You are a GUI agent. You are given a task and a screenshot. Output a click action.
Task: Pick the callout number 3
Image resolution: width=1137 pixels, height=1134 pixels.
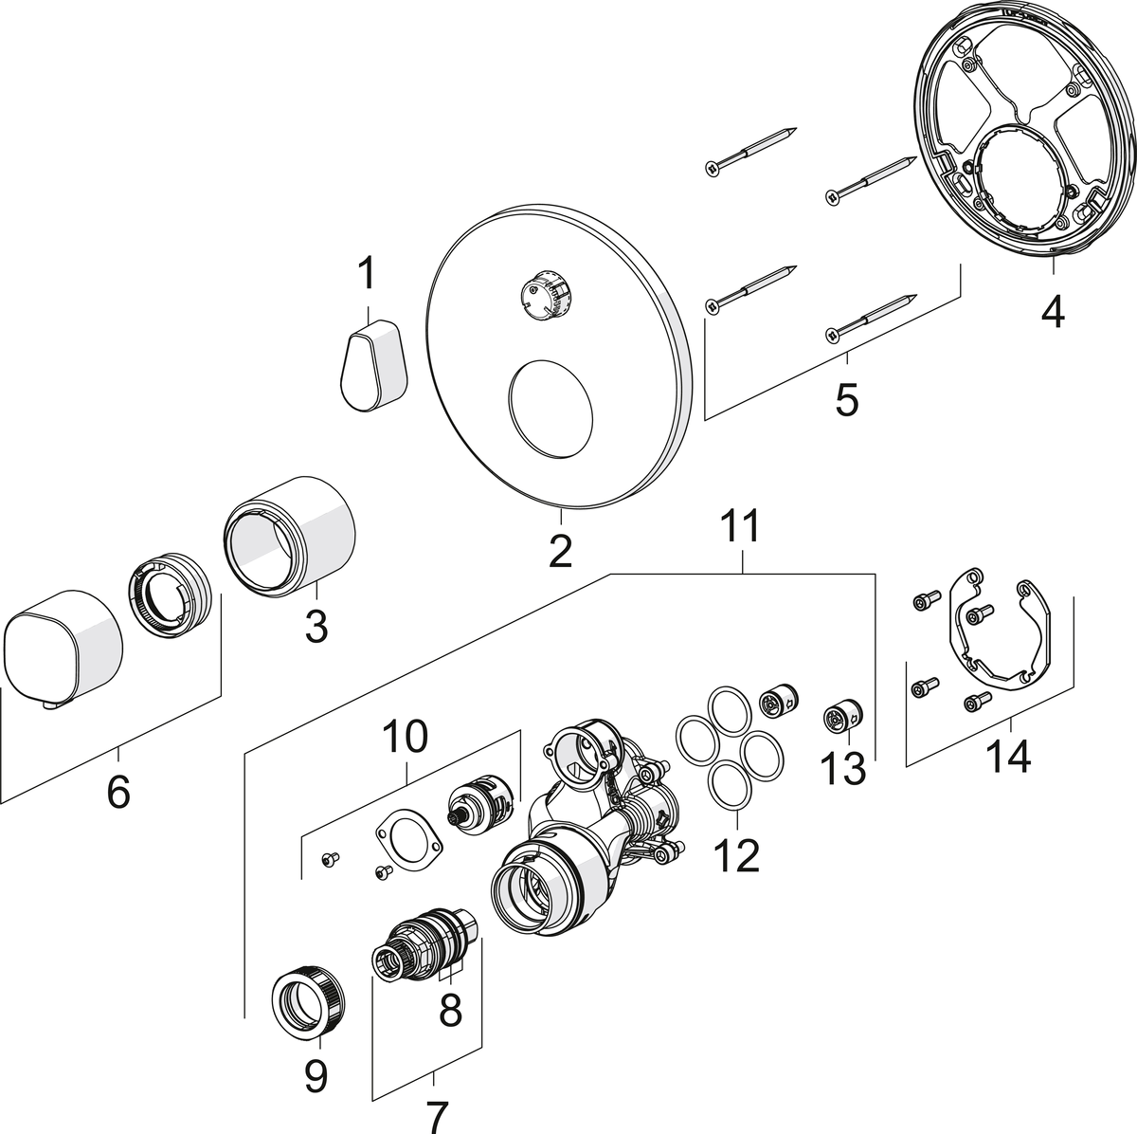click(x=316, y=625)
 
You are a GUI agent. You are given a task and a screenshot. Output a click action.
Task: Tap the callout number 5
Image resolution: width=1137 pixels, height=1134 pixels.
click(x=845, y=398)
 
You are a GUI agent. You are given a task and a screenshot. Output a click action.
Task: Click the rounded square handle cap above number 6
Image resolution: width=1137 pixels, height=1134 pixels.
click(x=63, y=648)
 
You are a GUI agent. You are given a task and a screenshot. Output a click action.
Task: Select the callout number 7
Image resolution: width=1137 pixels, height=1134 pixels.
click(x=435, y=1110)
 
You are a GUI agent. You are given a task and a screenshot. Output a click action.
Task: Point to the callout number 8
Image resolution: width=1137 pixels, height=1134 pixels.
click(x=450, y=1010)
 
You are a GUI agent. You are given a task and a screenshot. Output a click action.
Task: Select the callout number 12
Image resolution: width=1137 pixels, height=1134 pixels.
click(x=738, y=855)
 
